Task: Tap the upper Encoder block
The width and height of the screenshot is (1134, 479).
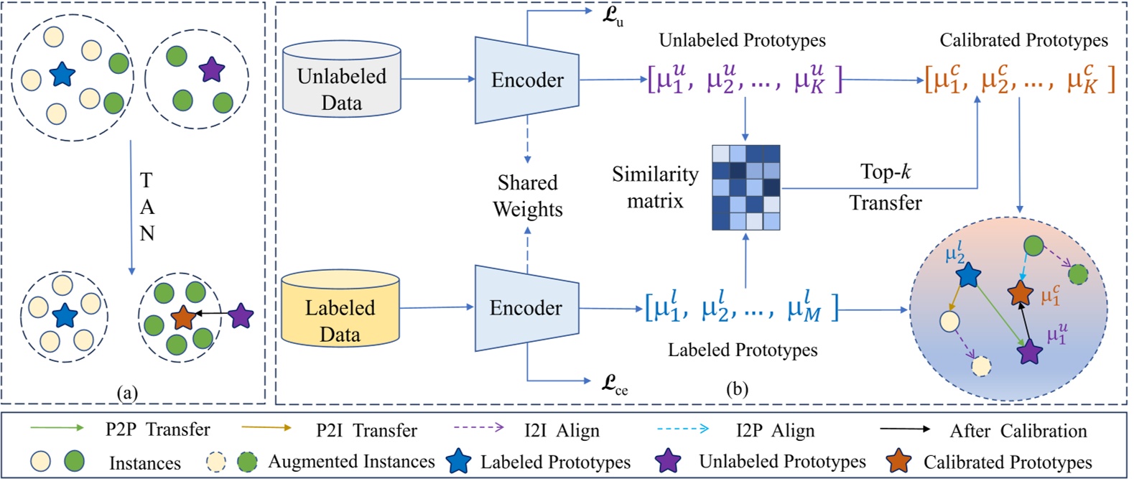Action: pos(527,80)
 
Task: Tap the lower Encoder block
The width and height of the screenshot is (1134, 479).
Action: pos(526,308)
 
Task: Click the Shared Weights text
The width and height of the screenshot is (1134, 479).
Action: pos(527,195)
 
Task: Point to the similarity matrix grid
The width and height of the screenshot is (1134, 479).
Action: pos(745,187)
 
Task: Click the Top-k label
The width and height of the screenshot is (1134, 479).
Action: pos(885,172)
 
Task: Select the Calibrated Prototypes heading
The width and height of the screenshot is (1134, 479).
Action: pos(1023,40)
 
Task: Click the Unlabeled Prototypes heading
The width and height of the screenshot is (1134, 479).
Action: pos(742,40)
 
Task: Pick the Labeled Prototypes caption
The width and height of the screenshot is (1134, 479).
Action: pos(742,350)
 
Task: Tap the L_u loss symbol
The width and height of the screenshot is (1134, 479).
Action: pos(612,16)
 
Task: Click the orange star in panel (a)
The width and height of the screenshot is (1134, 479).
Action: pos(184,317)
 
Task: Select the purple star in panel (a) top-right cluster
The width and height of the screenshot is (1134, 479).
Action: pos(211,70)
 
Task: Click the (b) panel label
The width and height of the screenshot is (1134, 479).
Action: pos(737,389)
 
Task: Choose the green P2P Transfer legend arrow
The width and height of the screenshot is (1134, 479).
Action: pos(57,428)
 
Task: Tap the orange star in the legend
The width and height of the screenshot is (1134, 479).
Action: pos(898,461)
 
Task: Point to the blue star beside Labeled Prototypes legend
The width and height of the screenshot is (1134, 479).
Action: pos(458,461)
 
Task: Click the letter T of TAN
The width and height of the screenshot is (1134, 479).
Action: pos(147,180)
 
